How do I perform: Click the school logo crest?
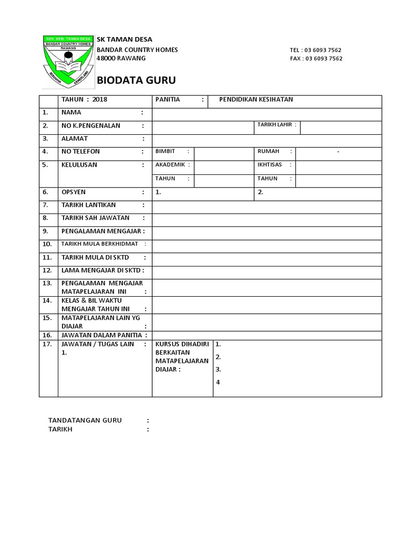tap(68, 61)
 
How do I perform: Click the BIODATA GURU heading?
tap(137, 80)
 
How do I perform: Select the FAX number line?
tap(316, 58)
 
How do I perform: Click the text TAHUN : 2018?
tap(84, 99)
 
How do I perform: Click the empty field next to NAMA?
tap(267, 113)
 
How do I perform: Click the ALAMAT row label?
tap(75, 138)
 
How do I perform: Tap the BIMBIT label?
tap(165, 151)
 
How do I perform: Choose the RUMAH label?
tap(268, 151)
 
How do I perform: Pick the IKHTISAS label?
tap(269, 165)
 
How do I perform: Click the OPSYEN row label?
tap(73, 192)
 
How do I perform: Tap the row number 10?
tap(47, 244)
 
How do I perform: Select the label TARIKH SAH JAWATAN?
tap(95, 218)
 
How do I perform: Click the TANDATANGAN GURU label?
tap(85, 420)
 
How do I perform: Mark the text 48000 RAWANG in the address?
tap(122, 58)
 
